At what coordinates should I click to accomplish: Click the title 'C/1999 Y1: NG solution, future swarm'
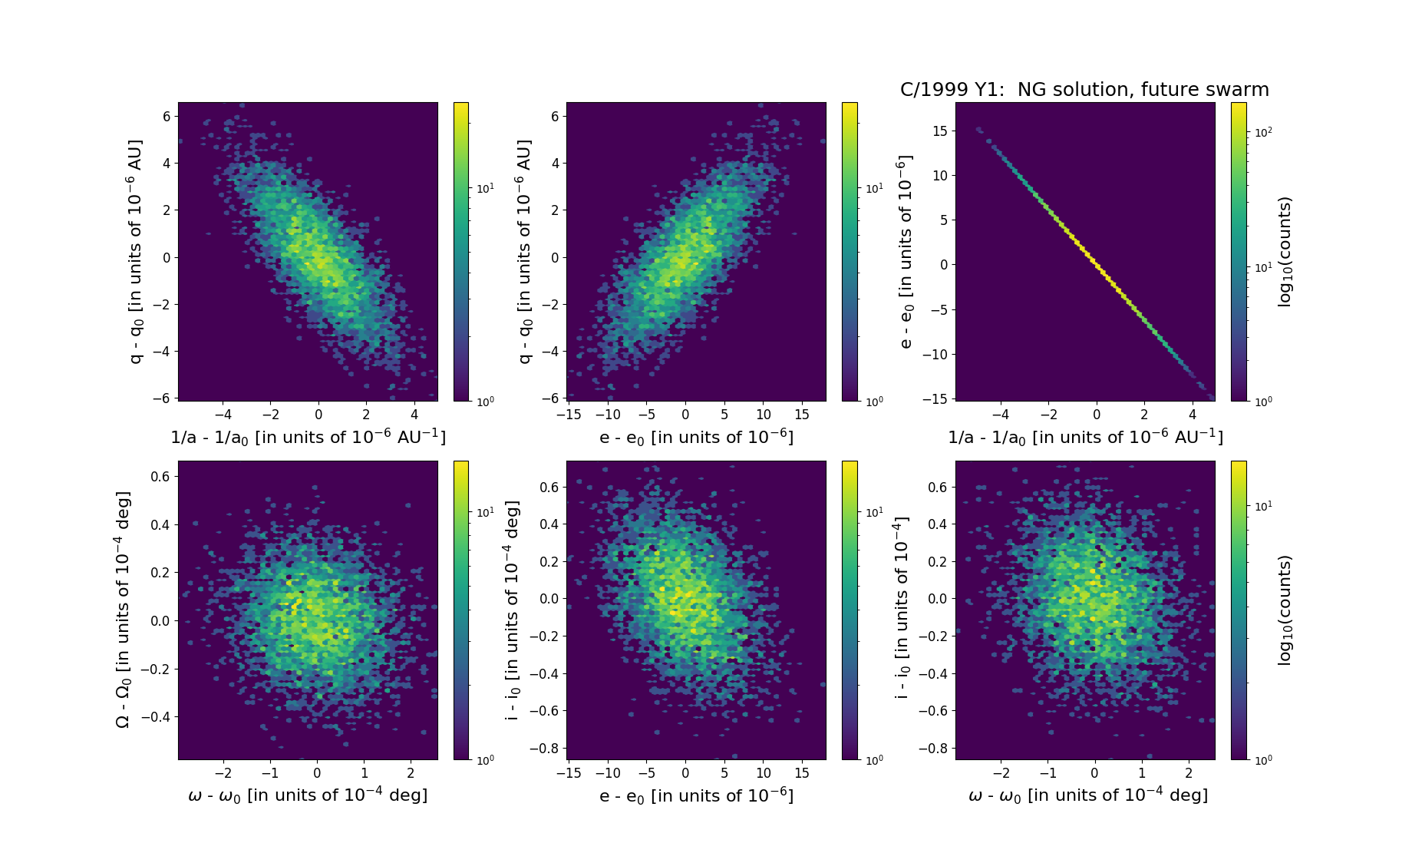click(1084, 90)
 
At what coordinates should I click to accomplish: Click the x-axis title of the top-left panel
click(308, 437)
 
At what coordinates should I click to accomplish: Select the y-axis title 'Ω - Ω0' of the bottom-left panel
click(123, 610)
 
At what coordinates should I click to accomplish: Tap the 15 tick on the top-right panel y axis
click(939, 131)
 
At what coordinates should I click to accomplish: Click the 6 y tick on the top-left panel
click(167, 116)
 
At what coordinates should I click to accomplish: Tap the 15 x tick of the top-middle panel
click(802, 415)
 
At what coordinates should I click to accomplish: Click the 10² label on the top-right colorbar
click(1263, 132)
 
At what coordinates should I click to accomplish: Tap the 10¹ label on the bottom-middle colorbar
click(873, 512)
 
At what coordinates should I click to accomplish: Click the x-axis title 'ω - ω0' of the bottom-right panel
click(1087, 795)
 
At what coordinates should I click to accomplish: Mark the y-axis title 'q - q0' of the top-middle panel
click(525, 252)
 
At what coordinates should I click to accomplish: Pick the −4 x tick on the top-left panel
click(223, 415)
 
